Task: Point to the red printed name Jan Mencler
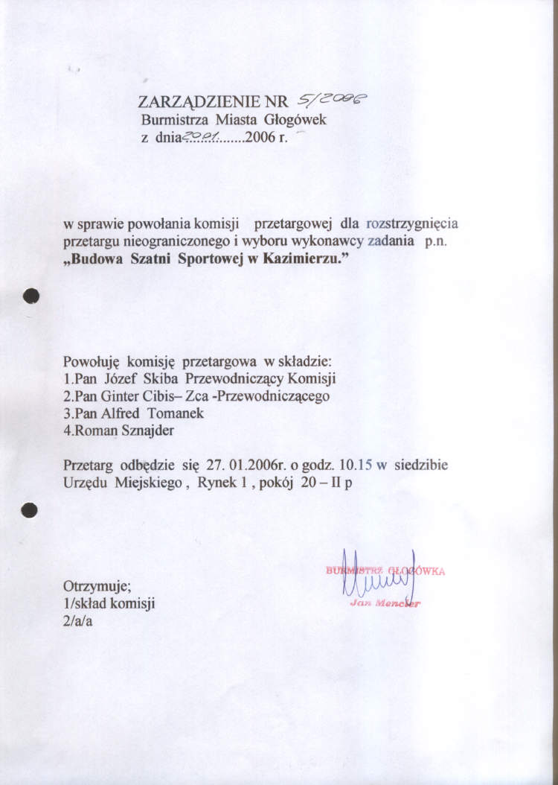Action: (x=385, y=603)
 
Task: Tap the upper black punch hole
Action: (x=30, y=296)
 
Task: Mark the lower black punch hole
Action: (x=30, y=510)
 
